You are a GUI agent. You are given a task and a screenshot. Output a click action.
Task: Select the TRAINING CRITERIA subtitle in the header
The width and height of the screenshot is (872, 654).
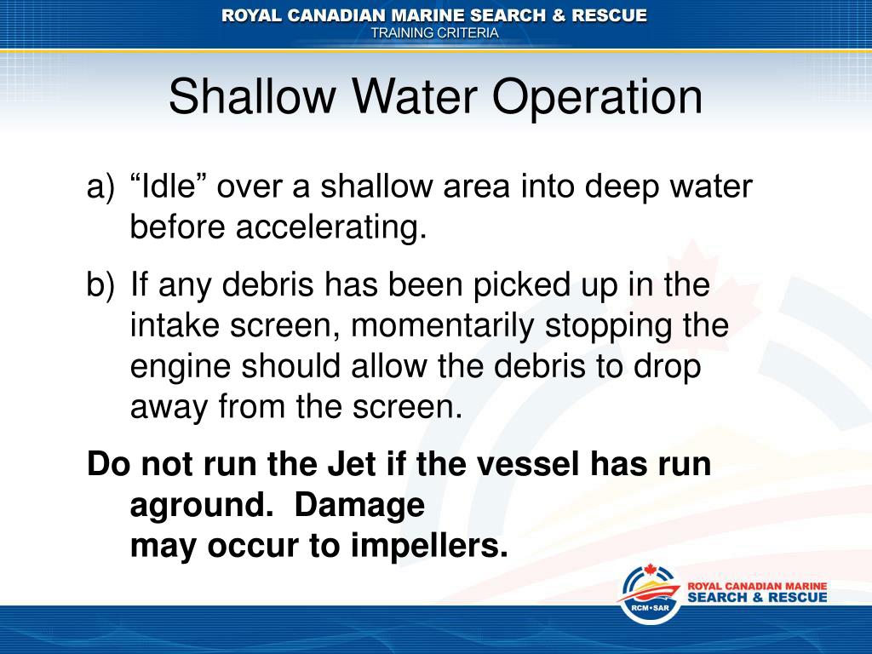435,32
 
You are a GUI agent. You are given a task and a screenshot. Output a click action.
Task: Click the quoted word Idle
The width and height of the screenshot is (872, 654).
169,186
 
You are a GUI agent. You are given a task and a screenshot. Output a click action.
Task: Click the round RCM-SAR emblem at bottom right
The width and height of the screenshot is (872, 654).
650,593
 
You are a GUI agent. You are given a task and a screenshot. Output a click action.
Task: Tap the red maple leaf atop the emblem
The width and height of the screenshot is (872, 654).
650,570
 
